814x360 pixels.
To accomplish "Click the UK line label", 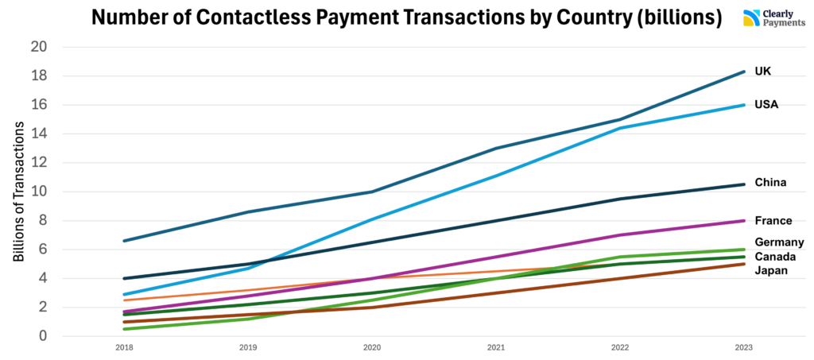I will click(x=762, y=72).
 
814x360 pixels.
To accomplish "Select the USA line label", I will click(x=766, y=104).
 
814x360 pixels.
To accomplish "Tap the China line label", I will click(x=769, y=182).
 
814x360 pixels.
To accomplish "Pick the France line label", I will click(x=771, y=220).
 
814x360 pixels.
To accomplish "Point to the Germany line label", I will click(x=779, y=242).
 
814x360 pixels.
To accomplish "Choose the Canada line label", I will click(x=775, y=257).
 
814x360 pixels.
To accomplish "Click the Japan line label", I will click(x=771, y=270).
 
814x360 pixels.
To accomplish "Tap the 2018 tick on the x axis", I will click(x=124, y=348).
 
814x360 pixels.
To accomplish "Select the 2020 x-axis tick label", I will click(x=372, y=348).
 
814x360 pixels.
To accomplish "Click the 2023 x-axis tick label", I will click(x=743, y=348).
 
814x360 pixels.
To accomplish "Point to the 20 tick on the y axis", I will click(x=39, y=47).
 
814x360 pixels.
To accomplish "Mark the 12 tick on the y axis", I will click(x=39, y=163).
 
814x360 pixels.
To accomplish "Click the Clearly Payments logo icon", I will click(x=750, y=18).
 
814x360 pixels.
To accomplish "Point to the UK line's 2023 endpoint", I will click(x=743, y=72).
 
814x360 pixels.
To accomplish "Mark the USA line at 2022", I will click(x=619, y=128).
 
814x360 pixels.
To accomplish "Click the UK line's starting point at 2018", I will click(x=124, y=241).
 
